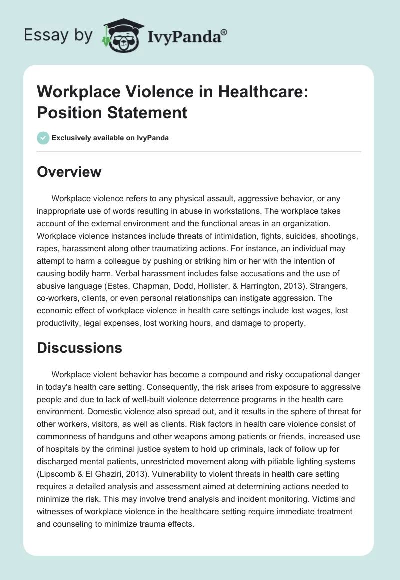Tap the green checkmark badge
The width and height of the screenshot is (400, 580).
(x=43, y=138)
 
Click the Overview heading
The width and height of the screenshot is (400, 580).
(x=69, y=172)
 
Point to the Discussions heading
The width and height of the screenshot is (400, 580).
(x=80, y=348)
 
